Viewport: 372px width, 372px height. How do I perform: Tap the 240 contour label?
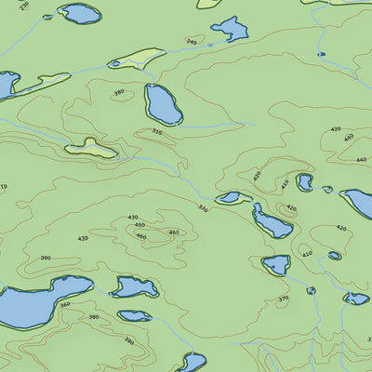coord(192,41)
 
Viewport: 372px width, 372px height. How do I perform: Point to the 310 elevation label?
coord(156,133)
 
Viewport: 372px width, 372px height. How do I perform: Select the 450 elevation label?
coord(139,225)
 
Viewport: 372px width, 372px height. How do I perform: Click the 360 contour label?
coord(64,305)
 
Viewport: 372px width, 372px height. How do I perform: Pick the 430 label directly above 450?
coord(132,218)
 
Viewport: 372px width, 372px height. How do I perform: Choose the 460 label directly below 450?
coord(141,236)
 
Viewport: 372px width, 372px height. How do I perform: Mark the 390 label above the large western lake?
coord(45,259)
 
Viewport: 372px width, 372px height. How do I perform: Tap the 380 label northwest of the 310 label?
coord(118,92)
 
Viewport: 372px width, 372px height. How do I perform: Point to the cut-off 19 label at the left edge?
coord(4,187)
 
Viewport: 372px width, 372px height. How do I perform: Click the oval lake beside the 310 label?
coord(163,104)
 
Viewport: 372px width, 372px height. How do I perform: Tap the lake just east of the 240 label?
coord(230,30)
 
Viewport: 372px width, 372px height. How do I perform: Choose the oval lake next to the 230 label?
coord(80,13)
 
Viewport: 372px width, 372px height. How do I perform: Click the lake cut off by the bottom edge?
coord(192,362)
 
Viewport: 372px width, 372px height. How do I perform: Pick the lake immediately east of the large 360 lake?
coord(135,286)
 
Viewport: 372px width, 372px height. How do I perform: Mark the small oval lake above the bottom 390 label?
coord(134,315)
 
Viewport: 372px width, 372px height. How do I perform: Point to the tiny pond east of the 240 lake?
coord(321,54)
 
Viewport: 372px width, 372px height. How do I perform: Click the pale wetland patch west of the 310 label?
coord(91,148)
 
